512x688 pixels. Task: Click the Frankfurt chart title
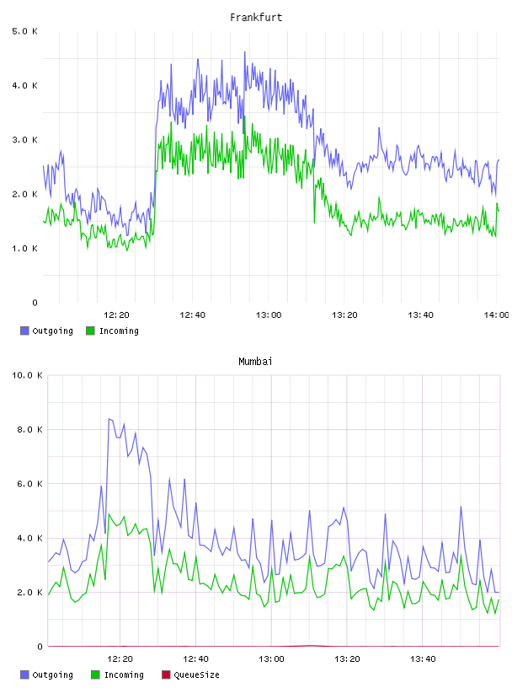click(x=256, y=18)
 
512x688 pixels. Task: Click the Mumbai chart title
click(x=255, y=362)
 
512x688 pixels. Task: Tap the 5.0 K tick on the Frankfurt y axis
click(x=24, y=31)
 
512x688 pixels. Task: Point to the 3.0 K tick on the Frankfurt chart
click(x=24, y=140)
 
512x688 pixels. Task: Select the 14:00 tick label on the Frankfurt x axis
click(x=497, y=314)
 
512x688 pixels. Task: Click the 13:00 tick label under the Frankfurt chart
click(x=269, y=314)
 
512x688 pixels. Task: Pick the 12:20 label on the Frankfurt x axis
click(x=116, y=314)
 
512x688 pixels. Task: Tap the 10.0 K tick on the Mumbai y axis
click(x=27, y=375)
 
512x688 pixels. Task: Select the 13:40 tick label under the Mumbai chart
click(x=423, y=658)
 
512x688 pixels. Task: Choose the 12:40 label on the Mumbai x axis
click(x=195, y=658)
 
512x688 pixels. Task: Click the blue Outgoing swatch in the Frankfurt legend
click(x=24, y=331)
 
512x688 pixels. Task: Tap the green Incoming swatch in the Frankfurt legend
click(x=90, y=331)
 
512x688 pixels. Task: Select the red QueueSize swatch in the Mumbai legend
click(x=166, y=675)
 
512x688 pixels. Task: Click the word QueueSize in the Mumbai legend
click(x=196, y=675)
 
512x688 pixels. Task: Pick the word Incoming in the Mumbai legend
click(x=124, y=675)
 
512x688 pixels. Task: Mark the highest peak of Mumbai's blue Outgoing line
click(x=109, y=418)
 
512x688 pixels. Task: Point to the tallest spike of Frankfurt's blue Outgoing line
click(x=244, y=51)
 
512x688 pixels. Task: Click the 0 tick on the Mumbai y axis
click(x=40, y=647)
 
